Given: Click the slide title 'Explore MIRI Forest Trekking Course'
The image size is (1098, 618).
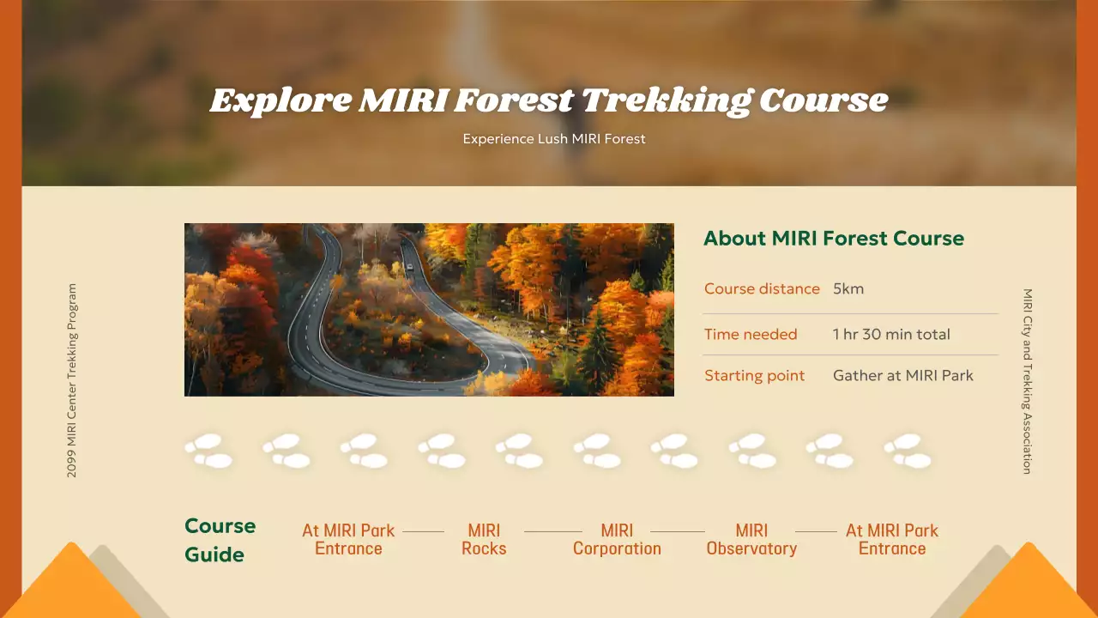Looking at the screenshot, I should [x=549, y=100].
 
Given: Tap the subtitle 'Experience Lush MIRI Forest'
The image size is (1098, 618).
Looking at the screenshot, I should [x=554, y=138].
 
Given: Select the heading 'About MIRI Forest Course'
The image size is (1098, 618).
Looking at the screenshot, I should [x=833, y=239].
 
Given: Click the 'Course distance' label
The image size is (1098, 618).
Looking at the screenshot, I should [x=762, y=288].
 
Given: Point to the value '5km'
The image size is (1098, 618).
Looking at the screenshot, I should [x=848, y=288].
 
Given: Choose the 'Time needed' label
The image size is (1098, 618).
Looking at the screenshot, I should [x=751, y=334].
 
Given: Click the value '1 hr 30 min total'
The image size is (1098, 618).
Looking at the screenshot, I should [x=891, y=334].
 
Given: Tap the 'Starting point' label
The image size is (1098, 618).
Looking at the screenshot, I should [x=754, y=375].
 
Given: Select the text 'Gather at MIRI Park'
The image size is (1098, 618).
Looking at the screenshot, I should [x=902, y=375].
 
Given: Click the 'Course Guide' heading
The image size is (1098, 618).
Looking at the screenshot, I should [x=220, y=540].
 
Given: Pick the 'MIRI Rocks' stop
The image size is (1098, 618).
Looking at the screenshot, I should [x=484, y=540].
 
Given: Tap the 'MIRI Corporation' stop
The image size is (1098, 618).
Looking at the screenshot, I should [x=617, y=540].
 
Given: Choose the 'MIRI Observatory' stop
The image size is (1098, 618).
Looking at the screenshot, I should [x=751, y=540].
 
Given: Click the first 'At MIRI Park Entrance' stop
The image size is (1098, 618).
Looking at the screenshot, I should [x=348, y=540].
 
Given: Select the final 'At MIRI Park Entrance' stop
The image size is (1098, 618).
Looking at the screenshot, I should [x=892, y=540].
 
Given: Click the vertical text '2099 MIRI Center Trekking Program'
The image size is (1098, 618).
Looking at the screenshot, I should [x=71, y=380].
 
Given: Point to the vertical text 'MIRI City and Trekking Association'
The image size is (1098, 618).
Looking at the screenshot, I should [x=1027, y=380].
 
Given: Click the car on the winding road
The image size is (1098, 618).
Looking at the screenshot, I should [x=410, y=267].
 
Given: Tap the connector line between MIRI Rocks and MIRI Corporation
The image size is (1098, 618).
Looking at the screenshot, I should [x=552, y=531].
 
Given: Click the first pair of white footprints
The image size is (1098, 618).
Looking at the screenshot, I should [x=208, y=451].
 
